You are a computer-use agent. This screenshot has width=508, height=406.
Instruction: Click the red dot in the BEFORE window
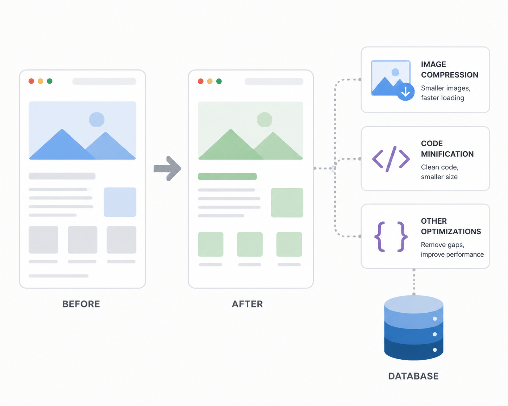[31, 81]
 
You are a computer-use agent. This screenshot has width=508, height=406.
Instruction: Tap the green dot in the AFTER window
[219, 81]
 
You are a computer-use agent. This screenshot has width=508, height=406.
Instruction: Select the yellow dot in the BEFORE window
[40, 81]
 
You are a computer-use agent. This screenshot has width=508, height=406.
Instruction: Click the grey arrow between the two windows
[167, 169]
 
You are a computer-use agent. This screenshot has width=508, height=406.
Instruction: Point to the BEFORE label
[81, 304]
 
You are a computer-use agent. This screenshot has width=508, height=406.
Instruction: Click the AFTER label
[247, 304]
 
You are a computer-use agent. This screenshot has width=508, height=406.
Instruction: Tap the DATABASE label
[413, 376]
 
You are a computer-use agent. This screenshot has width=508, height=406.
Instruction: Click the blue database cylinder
[413, 328]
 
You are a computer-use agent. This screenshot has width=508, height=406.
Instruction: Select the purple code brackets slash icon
[391, 159]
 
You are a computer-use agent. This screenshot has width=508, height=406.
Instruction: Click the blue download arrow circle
[405, 92]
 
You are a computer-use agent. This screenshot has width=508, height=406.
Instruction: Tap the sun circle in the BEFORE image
[96, 119]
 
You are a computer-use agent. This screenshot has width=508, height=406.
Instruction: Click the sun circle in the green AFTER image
[265, 119]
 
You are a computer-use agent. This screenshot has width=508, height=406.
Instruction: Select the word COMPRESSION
[449, 75]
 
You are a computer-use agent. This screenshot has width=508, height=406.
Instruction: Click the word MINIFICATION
[447, 154]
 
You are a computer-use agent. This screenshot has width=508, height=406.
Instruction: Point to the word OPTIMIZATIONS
[451, 232]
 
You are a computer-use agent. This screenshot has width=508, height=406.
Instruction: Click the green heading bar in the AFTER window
[227, 176]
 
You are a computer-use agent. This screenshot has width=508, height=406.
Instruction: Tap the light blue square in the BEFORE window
[120, 202]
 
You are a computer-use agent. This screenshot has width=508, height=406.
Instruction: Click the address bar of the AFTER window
[274, 81]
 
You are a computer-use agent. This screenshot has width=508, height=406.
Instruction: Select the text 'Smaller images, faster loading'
[446, 93]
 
